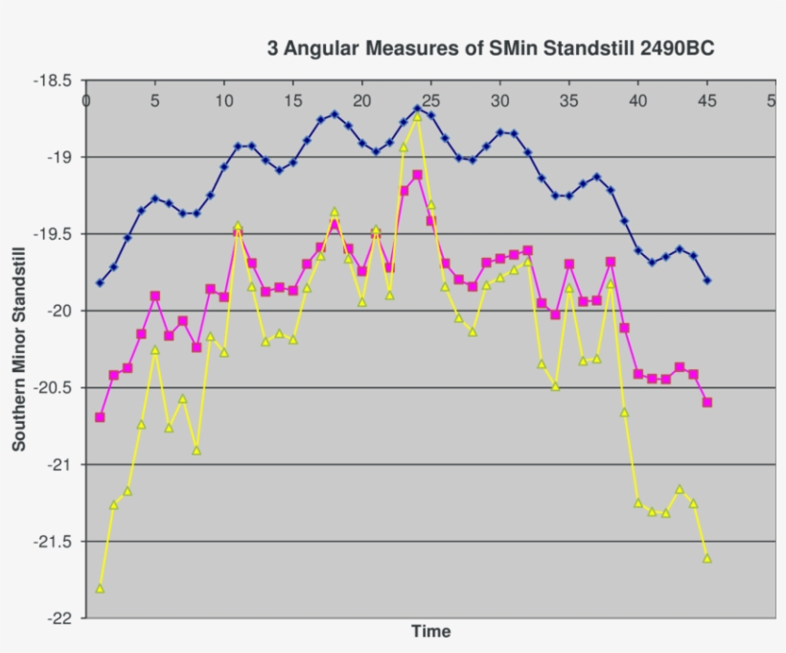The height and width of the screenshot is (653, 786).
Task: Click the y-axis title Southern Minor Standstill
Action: pos(19,348)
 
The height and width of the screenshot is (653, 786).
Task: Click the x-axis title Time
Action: pos(430,631)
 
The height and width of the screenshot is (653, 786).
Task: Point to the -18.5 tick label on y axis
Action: pos(51,81)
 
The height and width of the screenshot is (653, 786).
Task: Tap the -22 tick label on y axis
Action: pos(58,618)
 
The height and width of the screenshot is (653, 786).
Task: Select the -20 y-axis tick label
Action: pos(58,311)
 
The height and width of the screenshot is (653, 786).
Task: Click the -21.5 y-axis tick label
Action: pos(51,542)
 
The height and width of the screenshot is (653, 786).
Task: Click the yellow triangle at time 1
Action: pos(100,588)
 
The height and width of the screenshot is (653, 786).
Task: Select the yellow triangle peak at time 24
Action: pos(417,115)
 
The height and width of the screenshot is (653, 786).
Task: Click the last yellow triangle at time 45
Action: pos(707,557)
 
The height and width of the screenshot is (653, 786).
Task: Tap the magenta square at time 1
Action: pos(100,417)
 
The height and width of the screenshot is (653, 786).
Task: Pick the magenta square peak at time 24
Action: pos(417,175)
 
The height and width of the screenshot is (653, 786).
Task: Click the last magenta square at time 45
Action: pos(707,403)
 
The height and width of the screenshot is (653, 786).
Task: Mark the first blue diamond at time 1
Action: pos(100,283)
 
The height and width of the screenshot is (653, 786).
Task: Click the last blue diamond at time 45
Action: pos(707,281)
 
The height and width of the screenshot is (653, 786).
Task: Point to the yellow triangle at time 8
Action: pos(196,449)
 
